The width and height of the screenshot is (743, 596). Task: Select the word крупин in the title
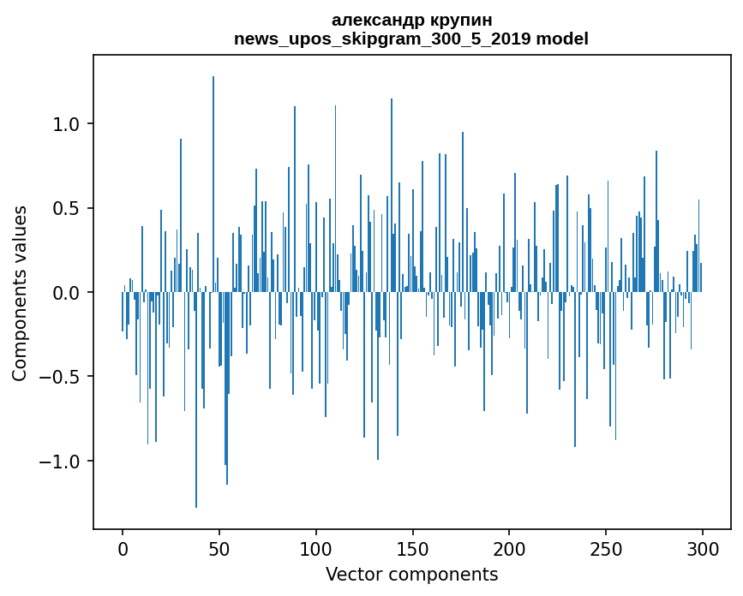(x=463, y=20)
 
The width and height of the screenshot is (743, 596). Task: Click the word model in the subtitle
(x=562, y=39)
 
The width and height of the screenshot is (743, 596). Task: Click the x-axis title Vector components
(x=411, y=574)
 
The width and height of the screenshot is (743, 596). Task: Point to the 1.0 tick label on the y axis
(x=67, y=124)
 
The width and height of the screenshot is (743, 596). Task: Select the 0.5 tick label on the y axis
(x=67, y=208)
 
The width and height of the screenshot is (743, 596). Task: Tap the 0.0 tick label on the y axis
(x=67, y=293)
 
